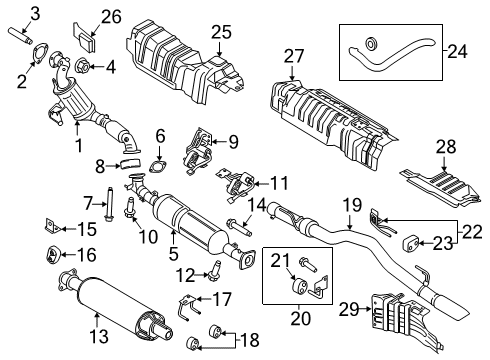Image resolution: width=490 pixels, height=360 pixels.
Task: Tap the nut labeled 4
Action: coord(82,69)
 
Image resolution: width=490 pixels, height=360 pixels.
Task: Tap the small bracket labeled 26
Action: coord(87,40)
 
